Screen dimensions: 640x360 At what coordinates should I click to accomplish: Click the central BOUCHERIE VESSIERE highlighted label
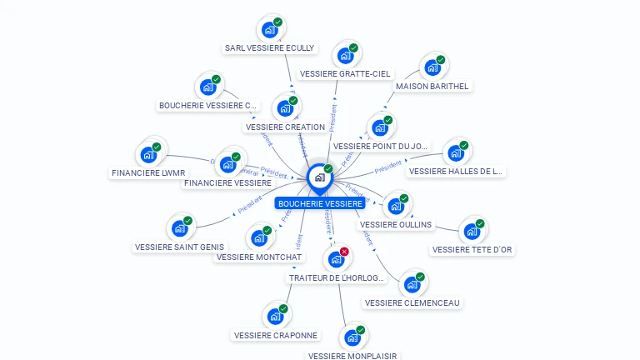coord(321,203)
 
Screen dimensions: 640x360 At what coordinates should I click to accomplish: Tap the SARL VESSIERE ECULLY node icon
coord(269,30)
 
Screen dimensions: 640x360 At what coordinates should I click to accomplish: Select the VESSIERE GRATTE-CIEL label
coord(345,74)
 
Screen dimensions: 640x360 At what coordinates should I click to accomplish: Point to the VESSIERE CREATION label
coord(286,127)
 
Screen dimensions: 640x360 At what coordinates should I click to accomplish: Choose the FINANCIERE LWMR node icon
coord(148,155)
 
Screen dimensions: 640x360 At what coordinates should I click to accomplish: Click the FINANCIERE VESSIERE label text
coord(227,182)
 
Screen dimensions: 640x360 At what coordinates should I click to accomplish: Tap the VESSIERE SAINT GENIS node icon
coord(179,228)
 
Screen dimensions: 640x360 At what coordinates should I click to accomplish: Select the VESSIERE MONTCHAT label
coord(259,257)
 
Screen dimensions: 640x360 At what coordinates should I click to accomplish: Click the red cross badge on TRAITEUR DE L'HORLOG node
coord(344,251)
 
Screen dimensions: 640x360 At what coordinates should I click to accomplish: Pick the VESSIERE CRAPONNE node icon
coord(275,317)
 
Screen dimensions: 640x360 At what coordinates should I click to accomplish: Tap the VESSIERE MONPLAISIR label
coord(353,356)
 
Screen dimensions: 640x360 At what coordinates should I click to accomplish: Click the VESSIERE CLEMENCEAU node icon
coord(412,285)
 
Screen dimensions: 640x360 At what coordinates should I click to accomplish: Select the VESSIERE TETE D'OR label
coord(473,249)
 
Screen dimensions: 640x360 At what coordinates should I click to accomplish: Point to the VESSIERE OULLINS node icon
coord(396,206)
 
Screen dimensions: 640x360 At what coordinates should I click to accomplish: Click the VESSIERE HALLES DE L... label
coord(456,172)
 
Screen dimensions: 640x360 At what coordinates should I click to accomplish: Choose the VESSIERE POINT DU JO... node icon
coord(380,128)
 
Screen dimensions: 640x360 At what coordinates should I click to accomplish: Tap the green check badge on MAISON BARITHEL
coord(440,60)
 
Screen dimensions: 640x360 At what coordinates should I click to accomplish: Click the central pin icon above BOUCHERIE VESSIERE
coord(319,177)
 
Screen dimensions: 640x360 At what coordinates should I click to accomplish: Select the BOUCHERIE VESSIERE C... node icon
coord(208,87)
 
